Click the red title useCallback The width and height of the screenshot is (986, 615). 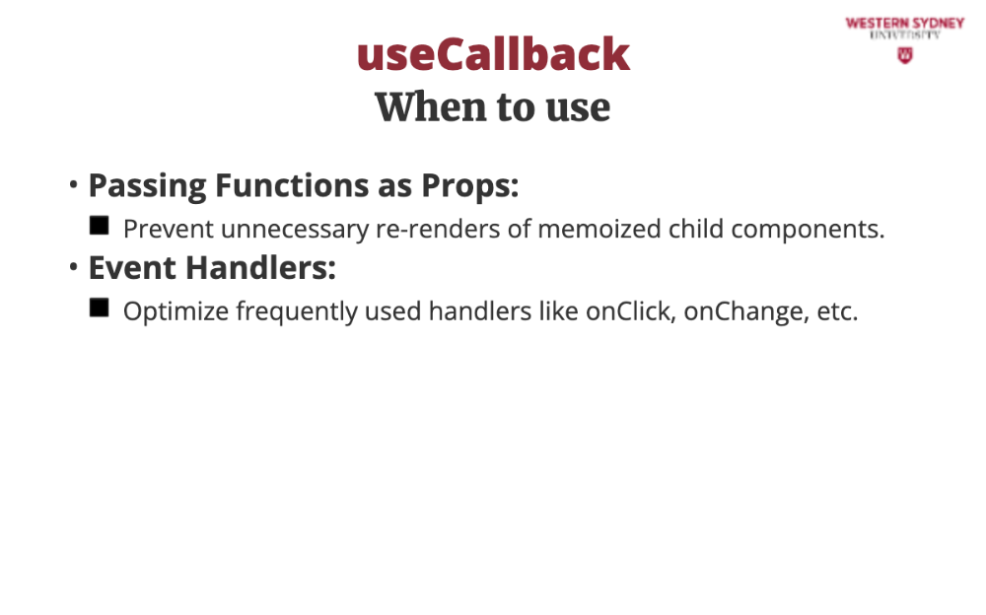[x=493, y=54]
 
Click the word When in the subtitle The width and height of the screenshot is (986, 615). [x=430, y=106]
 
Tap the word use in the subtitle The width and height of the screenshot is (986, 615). [x=578, y=108]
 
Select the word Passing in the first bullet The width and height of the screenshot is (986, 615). [x=147, y=186]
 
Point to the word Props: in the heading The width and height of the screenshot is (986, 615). [x=469, y=186]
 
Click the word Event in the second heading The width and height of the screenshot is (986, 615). [x=132, y=267]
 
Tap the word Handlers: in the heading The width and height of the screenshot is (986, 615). [x=261, y=267]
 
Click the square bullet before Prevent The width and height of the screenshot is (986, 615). [x=100, y=225]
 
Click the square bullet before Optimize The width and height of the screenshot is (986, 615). [x=100, y=307]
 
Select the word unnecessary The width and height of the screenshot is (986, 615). [x=295, y=231]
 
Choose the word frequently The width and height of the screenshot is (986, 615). [x=297, y=311]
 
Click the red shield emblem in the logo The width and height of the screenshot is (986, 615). [x=905, y=56]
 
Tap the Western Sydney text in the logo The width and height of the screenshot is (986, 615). [x=905, y=24]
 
